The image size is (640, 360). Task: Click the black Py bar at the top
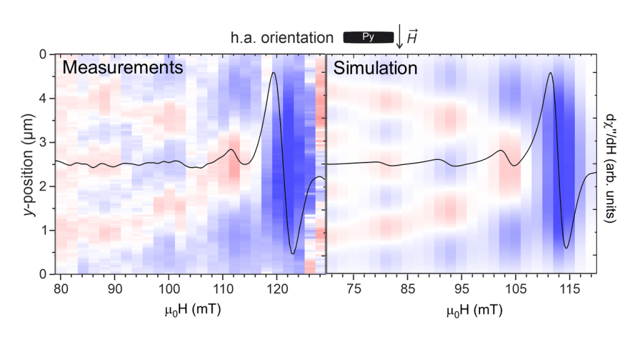tap(369, 37)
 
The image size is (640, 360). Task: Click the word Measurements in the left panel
tap(123, 67)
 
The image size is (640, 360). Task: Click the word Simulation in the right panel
tap(375, 67)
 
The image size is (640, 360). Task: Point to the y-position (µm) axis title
tap(29, 164)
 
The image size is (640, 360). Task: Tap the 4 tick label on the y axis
tap(42, 98)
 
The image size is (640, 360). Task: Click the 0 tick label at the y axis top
tap(42, 54)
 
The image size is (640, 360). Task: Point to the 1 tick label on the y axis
tap(42, 230)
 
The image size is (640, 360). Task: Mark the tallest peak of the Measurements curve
tap(273, 73)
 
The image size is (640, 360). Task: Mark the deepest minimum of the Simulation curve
tap(566, 248)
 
